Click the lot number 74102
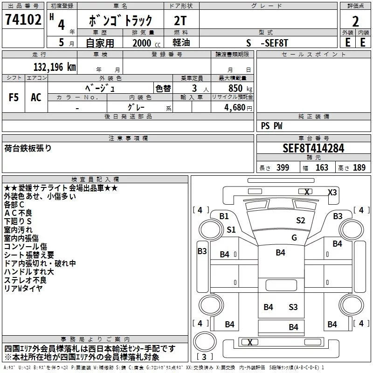pyautogui.click(x=23, y=20)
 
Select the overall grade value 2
pyautogui.click(x=355, y=21)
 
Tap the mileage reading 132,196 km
pyautogui.click(x=55, y=67)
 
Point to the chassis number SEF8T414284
pyautogui.click(x=313, y=148)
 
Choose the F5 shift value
pyautogui.click(x=14, y=97)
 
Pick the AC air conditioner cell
pyautogui.click(x=36, y=97)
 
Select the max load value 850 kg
pyautogui.click(x=240, y=88)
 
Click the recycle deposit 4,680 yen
pyautogui.click(x=238, y=108)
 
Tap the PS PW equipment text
pyautogui.click(x=271, y=125)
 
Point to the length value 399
pyautogui.click(x=283, y=167)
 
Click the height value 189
pyautogui.click(x=359, y=167)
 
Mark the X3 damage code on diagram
pyautogui.click(x=332, y=192)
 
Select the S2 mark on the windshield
pyautogui.click(x=300, y=220)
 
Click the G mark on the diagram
pyautogui.click(x=294, y=237)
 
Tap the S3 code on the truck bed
pyautogui.click(x=293, y=307)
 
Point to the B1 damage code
pyautogui.click(x=224, y=216)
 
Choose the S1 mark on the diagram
pyautogui.click(x=231, y=229)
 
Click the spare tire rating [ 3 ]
pyautogui.click(x=205, y=357)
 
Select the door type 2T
pyautogui.click(x=180, y=21)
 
